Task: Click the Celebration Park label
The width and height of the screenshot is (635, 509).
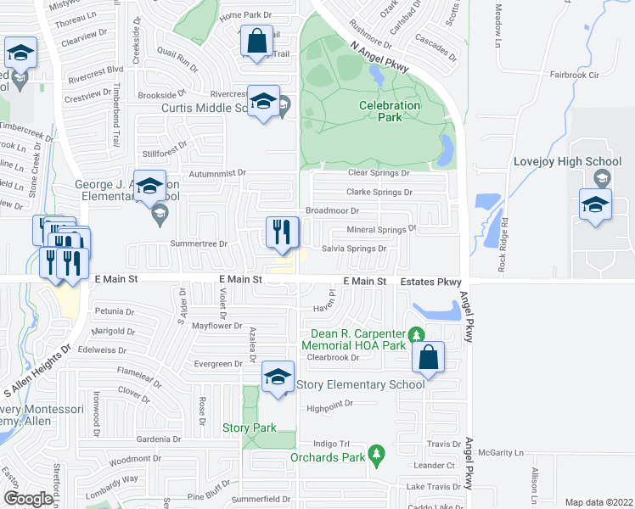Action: coord(390,111)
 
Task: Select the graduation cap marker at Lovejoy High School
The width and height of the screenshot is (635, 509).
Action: coord(595,204)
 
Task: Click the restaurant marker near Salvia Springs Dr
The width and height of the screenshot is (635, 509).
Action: coord(281,231)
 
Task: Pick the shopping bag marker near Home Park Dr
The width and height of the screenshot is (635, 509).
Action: coord(256,40)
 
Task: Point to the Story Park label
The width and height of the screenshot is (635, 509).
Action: coord(249,428)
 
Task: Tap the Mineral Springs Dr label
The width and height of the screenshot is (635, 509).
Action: coord(381,229)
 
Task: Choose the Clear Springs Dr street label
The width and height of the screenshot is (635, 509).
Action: coord(379,172)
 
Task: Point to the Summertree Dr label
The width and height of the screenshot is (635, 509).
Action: coord(199,243)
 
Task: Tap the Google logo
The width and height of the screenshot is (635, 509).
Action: coord(28,498)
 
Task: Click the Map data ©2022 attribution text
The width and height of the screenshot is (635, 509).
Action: coord(598,502)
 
